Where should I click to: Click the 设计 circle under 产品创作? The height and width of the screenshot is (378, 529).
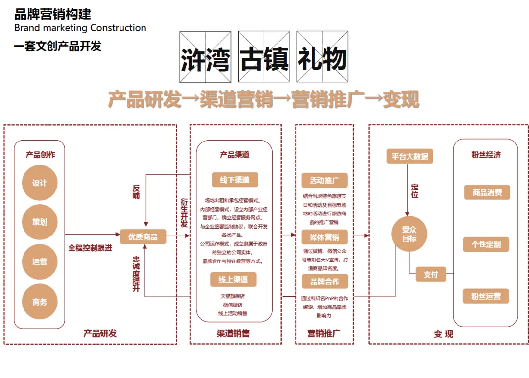[40, 183]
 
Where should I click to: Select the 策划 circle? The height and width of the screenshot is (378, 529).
[40, 222]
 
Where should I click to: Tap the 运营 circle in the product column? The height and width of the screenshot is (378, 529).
[40, 261]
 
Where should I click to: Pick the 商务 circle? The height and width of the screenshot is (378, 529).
[40, 302]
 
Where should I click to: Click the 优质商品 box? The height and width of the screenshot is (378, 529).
[143, 236]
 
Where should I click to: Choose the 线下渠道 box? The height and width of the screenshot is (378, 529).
[235, 180]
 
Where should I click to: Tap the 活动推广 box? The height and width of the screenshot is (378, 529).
[324, 180]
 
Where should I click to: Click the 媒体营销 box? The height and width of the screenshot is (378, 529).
[324, 238]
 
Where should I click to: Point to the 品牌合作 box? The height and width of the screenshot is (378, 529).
[324, 282]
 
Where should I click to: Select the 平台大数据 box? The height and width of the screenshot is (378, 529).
[409, 156]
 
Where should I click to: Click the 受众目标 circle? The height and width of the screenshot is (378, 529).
[409, 234]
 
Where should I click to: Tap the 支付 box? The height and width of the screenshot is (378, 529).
[431, 274]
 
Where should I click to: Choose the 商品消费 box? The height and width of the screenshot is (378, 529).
[487, 192]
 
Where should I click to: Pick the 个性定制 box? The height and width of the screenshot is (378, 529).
[486, 244]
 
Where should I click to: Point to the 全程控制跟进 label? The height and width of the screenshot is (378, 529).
[90, 248]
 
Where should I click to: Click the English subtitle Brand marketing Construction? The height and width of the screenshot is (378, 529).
[80, 28]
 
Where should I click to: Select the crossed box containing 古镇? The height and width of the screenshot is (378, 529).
[264, 57]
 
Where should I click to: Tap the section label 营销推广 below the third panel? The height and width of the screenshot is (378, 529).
[324, 333]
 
